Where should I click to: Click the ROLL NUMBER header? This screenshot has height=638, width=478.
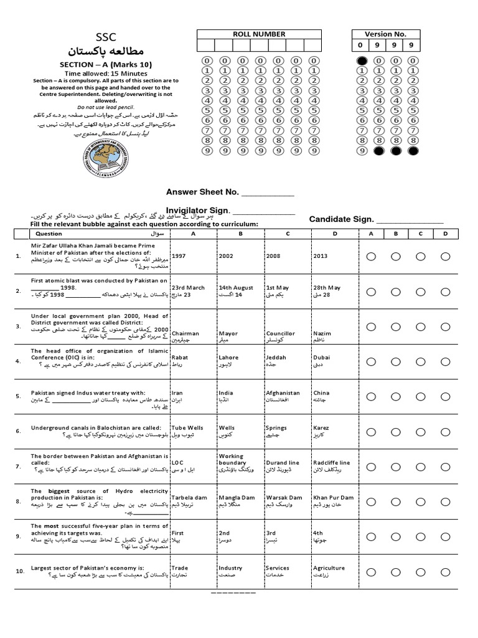259,34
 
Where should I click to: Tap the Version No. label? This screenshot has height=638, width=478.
387,34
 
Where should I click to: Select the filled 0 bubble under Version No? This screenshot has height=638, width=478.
362,60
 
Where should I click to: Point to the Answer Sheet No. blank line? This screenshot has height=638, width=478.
266,193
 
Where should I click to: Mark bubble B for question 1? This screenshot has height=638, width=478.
396,256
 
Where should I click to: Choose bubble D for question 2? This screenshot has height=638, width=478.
446,292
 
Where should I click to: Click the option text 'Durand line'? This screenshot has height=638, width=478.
283,463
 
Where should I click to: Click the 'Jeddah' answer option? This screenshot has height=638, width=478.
276,358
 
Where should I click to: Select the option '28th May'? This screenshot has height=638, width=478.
327,287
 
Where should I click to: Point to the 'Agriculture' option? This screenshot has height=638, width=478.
329,568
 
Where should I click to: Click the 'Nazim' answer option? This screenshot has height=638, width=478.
322,333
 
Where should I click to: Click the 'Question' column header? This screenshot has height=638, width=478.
49,234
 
